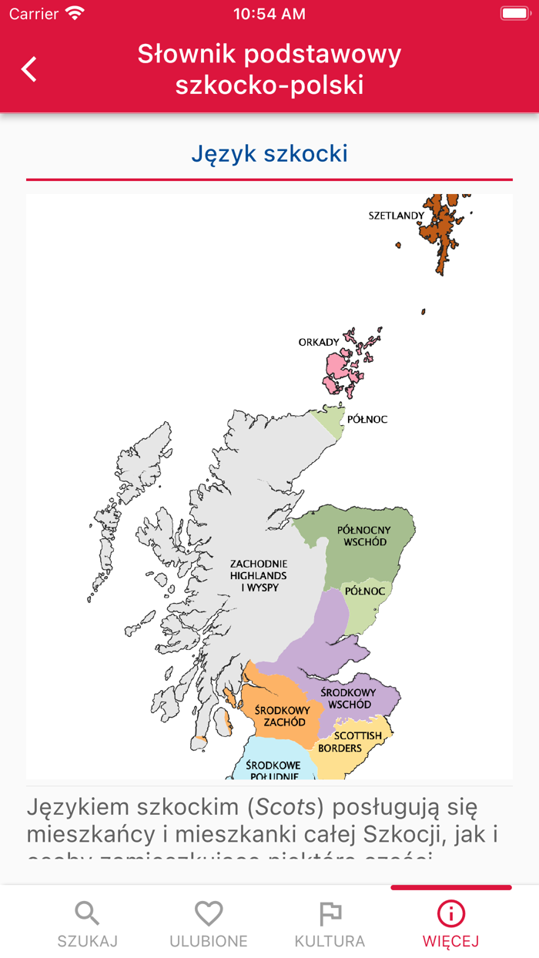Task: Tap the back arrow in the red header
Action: click(29, 69)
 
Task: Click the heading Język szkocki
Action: click(269, 153)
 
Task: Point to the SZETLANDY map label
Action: click(397, 216)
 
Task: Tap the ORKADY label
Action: click(319, 342)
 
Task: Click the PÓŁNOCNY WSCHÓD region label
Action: click(363, 536)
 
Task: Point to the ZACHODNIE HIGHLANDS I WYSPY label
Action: click(259, 575)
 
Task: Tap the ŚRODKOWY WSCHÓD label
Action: click(348, 698)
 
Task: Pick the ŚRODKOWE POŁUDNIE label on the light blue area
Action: click(272, 770)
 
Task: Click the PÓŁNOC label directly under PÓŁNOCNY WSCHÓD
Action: click(364, 591)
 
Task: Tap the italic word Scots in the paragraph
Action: click(285, 807)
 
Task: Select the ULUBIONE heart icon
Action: click(209, 914)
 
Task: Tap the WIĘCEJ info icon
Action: click(450, 914)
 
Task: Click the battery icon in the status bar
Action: click(514, 14)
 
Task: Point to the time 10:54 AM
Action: click(269, 14)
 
